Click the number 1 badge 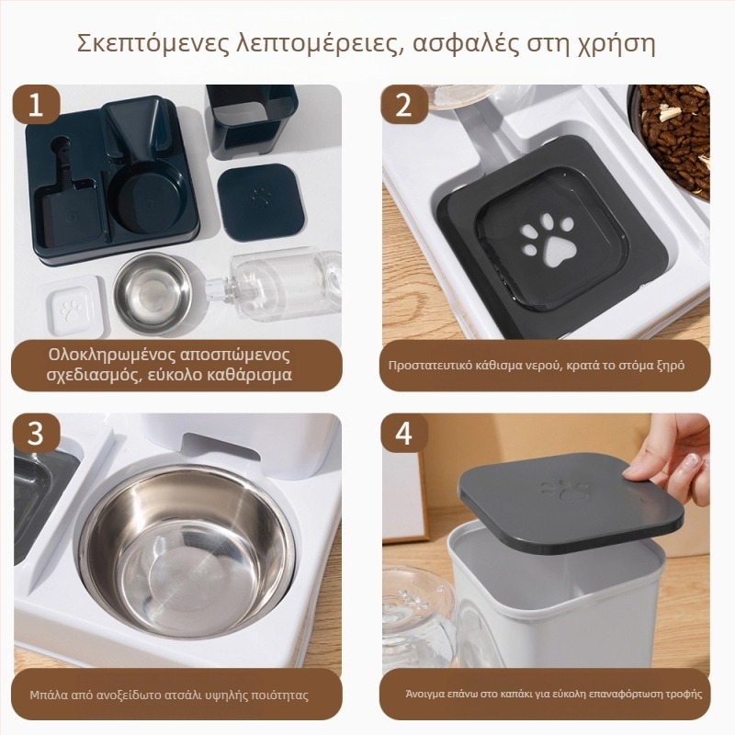point(36,106)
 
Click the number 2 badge point(403,106)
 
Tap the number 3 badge point(36,435)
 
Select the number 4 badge point(403,435)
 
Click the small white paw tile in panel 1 point(71,307)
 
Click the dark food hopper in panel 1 point(250,118)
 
